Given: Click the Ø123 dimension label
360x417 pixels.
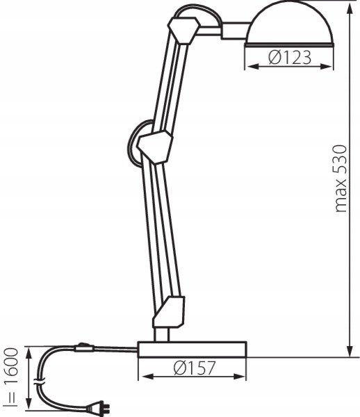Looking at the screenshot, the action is point(290,57).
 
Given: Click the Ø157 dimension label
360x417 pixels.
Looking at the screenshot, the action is point(195,368).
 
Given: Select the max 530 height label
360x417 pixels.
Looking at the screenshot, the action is point(341,179).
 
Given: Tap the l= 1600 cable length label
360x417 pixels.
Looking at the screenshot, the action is point(11,377).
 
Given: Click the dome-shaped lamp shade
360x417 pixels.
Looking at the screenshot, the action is point(290,24).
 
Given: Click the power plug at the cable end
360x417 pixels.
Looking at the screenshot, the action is point(98,407).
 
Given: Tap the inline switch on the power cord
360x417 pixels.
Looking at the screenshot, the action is point(84,347).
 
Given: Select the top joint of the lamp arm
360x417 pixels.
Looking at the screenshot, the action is point(183,30).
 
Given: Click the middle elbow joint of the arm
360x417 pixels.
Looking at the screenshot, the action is point(155,147).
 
